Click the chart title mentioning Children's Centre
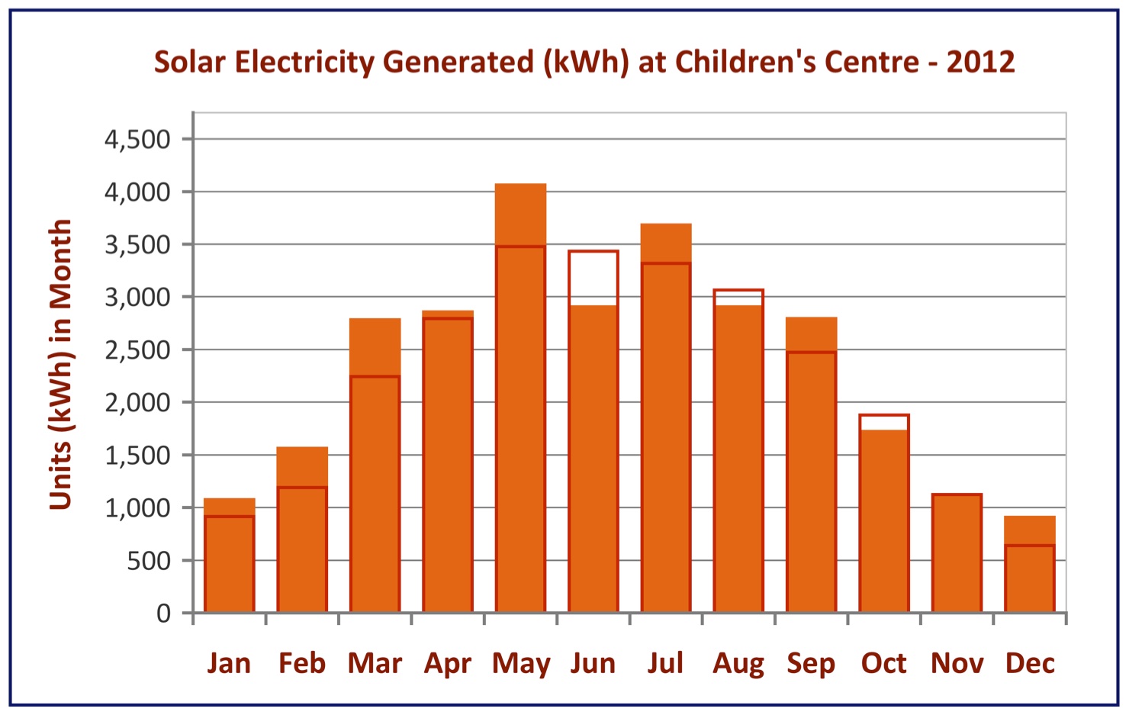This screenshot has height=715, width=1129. [584, 62]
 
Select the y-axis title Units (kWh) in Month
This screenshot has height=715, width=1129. [60, 365]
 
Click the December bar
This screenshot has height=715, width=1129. [1029, 572]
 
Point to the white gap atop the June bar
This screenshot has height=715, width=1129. [593, 279]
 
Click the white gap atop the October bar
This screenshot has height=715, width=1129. [884, 423]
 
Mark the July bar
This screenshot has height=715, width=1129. [666, 427]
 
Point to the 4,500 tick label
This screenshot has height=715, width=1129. [137, 140]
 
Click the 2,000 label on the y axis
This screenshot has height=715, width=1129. [137, 403]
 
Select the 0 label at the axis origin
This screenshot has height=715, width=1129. [163, 614]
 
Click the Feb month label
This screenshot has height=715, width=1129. [302, 663]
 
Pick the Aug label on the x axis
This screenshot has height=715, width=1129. [738, 664]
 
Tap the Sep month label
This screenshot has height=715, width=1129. [811, 664]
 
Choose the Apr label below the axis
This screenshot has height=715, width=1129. [448, 664]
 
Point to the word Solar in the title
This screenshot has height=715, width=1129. [190, 62]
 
